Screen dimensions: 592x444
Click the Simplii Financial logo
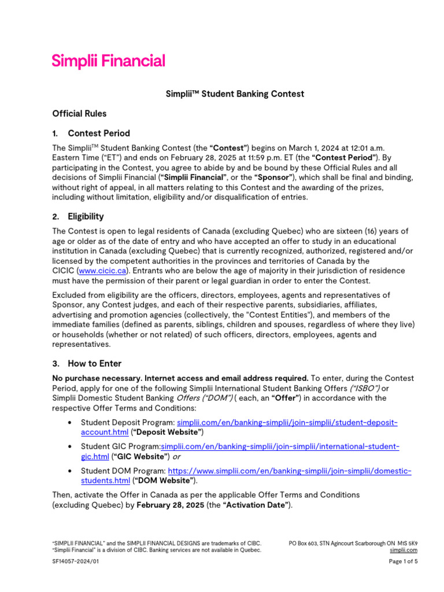tap(108, 61)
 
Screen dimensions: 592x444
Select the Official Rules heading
tap(79, 113)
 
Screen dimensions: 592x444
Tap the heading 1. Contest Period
tap(91, 133)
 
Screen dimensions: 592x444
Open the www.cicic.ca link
tap(103, 271)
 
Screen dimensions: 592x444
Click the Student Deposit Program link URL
tap(287, 423)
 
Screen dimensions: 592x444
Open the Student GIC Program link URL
tap(280, 447)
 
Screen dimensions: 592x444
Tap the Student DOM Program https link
tap(289, 471)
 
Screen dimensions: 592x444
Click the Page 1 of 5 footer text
tap(403, 561)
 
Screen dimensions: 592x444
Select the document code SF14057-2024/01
tap(72, 561)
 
